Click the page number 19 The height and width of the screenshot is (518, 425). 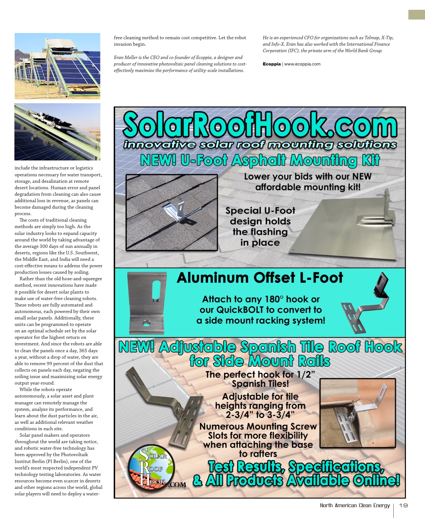coord(403,505)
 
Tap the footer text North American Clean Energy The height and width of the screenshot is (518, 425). coord(355,505)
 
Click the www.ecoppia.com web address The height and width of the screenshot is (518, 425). coord(302,64)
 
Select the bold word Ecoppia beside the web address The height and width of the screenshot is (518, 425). coord(272,64)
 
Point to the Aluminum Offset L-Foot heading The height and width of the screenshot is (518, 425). coord(260,278)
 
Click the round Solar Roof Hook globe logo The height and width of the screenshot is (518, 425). coord(152,467)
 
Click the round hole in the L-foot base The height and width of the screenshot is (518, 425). coord(146,323)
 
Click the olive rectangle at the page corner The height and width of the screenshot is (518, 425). coord(416,15)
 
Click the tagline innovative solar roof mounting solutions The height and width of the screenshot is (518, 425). coord(260,145)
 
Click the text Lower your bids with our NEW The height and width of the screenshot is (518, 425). coord(308,177)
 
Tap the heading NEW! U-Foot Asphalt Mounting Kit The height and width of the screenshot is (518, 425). coord(260,160)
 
